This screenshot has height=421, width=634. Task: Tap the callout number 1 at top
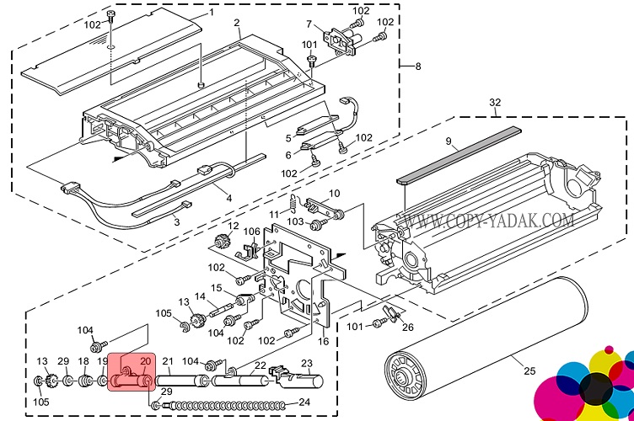(212, 13)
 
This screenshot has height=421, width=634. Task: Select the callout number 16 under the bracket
(323, 343)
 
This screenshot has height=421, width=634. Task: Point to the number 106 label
(252, 232)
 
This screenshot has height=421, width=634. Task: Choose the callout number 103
(295, 222)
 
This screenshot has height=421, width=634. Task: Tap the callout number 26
(408, 328)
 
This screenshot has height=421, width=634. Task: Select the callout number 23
(306, 363)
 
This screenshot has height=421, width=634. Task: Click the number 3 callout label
(176, 221)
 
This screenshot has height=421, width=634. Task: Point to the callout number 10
(334, 194)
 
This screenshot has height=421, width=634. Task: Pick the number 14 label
(201, 296)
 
